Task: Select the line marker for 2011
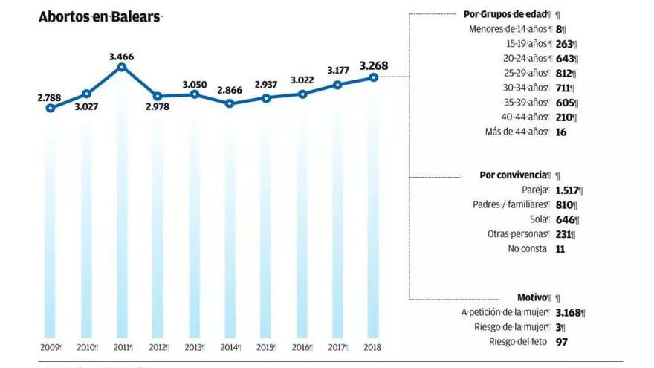pos(123,67)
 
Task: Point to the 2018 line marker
pos(374,77)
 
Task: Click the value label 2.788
pos(49,97)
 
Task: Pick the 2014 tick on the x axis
pos(229,348)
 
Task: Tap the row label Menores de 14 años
pos(510,29)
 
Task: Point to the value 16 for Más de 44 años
pos(560,132)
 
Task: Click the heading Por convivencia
pos(514,175)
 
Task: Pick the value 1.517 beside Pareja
pos(569,190)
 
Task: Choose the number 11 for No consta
pos(560,249)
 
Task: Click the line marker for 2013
pos(194,94)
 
